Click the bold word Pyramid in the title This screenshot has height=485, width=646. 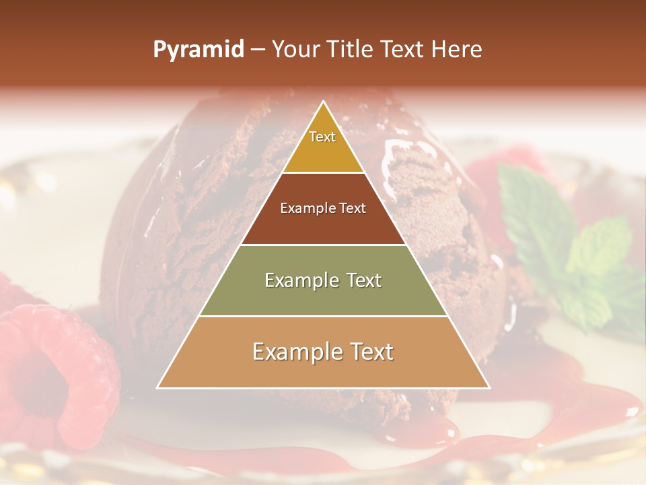coord(198,50)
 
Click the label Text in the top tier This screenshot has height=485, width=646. coord(322,137)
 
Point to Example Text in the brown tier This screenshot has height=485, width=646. coord(323,208)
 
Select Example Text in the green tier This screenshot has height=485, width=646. coord(323,280)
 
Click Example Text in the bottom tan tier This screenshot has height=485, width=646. coord(323,352)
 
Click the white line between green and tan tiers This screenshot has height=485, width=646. coord(323,316)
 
